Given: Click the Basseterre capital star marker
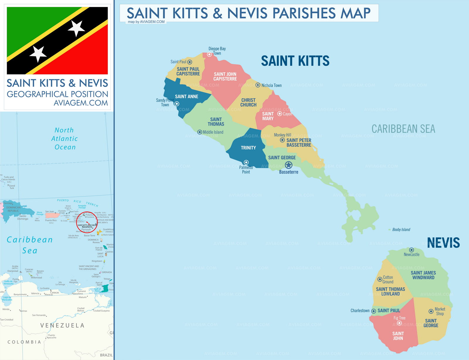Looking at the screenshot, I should pyautogui.click(x=288, y=165).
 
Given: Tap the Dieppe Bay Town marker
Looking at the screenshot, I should pyautogui.click(x=209, y=54).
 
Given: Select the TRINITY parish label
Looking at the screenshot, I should pyautogui.click(x=248, y=148).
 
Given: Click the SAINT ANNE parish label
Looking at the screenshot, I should pyautogui.click(x=186, y=97).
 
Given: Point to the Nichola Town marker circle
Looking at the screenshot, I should pyautogui.click(x=258, y=85).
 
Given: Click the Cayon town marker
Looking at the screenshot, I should pyautogui.click(x=280, y=114).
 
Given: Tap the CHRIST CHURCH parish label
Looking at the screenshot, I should pyautogui.click(x=248, y=102).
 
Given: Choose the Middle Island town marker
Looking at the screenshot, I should pyautogui.click(x=200, y=132).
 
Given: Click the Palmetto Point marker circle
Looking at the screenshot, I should pyautogui.click(x=246, y=162).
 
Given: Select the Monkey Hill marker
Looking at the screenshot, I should pyautogui.click(x=282, y=140).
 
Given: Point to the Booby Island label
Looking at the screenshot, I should pyautogui.click(x=401, y=230).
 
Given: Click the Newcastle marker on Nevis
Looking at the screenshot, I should pyautogui.click(x=412, y=250).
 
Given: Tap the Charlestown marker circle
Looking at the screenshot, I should pyautogui.click(x=374, y=311).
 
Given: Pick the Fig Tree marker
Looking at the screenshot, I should pyautogui.click(x=399, y=323).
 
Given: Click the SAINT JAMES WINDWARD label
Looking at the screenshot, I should pyautogui.click(x=423, y=275).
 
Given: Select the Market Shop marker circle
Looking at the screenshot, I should pyautogui.click(x=431, y=311).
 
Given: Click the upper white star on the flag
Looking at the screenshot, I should pyautogui.click(x=77, y=28).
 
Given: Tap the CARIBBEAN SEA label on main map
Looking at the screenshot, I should pyautogui.click(x=403, y=129).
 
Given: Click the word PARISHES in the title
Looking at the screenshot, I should pyautogui.click(x=303, y=13).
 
